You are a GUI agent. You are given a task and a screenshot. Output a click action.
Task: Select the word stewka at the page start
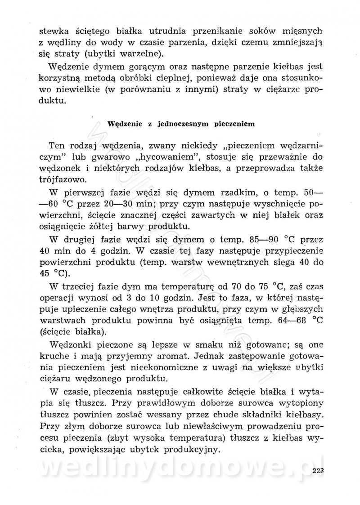click(51, 31)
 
